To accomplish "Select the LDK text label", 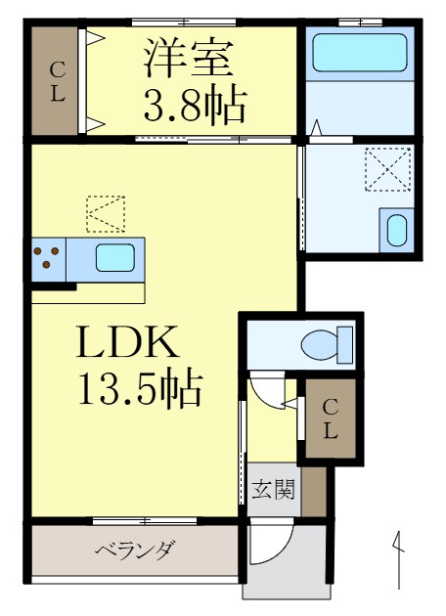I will coord(127,344).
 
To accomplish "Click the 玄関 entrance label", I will coord(273,489).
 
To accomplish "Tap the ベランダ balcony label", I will coord(134,550).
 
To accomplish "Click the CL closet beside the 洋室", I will coord(57,82).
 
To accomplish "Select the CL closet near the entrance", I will coord(331,419).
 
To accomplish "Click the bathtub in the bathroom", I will coord(358,53).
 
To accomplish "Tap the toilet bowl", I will coord(324,344).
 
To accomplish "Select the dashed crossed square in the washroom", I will coord(388,169).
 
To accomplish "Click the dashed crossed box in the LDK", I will coord(106,214).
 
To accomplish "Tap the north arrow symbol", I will coord(400,557).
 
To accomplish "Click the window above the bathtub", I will coord(359,22).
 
